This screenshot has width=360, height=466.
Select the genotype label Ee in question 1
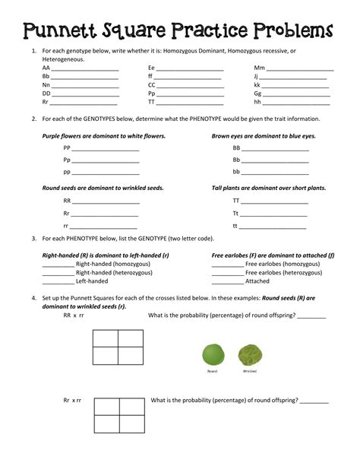151,68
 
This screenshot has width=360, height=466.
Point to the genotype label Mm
259,68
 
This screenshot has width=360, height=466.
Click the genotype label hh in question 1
257,101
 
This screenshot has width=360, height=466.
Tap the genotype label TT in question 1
151,101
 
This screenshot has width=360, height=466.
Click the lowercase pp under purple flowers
67,172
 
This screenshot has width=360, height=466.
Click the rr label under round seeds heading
66,227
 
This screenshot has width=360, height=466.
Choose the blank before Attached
227,281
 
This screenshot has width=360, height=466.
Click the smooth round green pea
213,355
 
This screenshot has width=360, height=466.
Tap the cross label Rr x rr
72,400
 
